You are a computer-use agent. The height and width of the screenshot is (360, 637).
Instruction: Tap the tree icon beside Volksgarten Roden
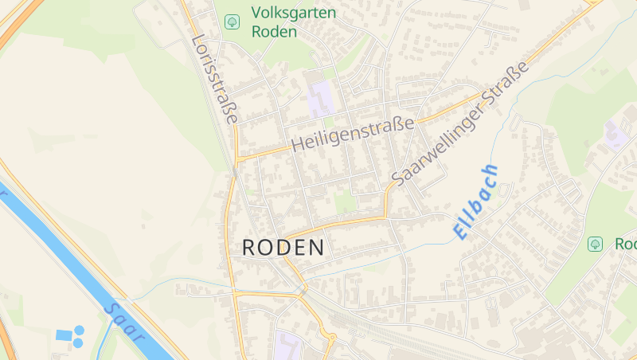click(232, 22)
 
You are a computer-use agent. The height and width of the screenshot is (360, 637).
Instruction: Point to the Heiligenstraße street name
click(354, 134)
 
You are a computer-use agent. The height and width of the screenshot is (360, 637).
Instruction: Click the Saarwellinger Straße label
click(460, 124)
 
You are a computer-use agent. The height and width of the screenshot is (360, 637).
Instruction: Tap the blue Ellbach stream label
click(476, 202)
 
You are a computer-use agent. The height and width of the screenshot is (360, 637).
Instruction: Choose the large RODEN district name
click(283, 248)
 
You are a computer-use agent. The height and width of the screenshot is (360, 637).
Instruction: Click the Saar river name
click(125, 322)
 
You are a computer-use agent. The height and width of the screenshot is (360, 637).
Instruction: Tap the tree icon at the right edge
click(595, 244)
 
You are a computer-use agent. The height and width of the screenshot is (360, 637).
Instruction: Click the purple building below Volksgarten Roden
click(322, 100)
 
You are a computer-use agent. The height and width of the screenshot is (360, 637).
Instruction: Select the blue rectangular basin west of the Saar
click(64, 335)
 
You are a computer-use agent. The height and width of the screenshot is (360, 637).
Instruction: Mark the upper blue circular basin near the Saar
click(79, 330)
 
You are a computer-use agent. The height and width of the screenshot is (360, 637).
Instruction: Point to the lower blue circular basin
click(77, 343)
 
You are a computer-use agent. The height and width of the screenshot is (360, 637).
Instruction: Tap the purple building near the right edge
click(616, 135)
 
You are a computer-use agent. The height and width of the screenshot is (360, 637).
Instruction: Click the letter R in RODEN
click(248, 248)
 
